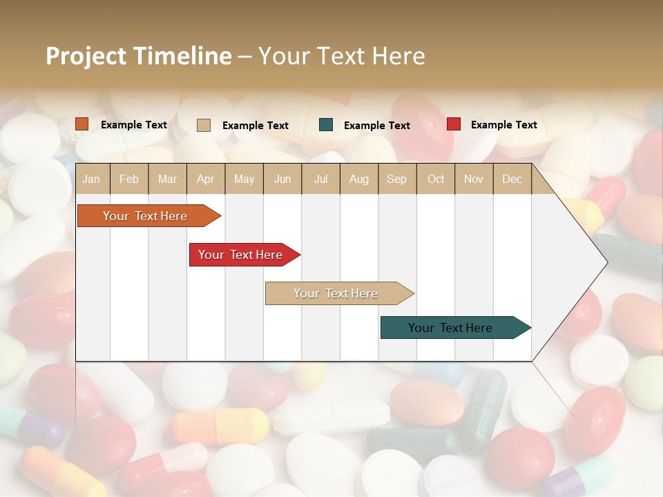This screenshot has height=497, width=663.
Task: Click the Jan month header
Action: coord(91,179)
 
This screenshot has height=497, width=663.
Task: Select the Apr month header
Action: coord(206,179)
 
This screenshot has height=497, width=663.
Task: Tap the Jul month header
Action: coord(320,179)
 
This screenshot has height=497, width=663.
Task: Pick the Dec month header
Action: coord(512,179)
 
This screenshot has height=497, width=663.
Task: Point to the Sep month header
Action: coord(396,179)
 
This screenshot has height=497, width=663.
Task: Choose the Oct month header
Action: coord(436,179)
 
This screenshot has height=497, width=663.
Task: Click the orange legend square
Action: coord(82,124)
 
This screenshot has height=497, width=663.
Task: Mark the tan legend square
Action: coord(204,125)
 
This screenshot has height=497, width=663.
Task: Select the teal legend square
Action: coord(326,125)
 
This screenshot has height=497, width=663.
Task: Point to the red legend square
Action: coord(454,124)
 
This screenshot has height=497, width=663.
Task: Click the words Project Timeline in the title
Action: coord(139,56)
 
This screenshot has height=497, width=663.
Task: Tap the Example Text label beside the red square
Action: coord(503,125)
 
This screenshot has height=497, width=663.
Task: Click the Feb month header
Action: coord(129,179)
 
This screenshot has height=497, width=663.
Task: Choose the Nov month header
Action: coord(474,179)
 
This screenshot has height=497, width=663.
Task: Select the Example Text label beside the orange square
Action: coord(134,125)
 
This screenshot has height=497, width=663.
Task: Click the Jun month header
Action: coord(282,179)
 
